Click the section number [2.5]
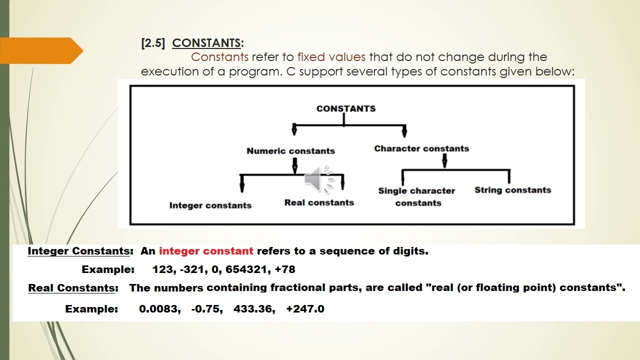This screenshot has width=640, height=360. tap(153, 43)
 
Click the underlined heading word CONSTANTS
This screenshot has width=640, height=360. tap(206, 43)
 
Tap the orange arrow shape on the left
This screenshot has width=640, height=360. tap(41, 50)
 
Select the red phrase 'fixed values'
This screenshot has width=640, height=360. tap(331, 57)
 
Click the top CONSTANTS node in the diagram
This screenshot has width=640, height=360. tap(346, 108)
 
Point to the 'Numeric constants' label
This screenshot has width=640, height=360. tap(291, 151)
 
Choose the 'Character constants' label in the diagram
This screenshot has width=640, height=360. tap(421, 148)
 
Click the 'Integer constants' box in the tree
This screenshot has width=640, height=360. tap(210, 205)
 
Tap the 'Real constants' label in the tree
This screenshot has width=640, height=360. tap(319, 202)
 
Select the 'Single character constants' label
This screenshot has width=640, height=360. tap(417, 197)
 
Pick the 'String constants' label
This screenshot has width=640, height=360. tap(513, 190)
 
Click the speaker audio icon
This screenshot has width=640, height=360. tap(319, 179)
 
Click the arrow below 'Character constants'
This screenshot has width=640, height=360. tap(444, 161)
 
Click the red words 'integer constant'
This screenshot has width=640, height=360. tap(206, 251)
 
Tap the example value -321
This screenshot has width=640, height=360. tap(192, 269)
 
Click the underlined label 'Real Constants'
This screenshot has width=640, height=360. tap(71, 288)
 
